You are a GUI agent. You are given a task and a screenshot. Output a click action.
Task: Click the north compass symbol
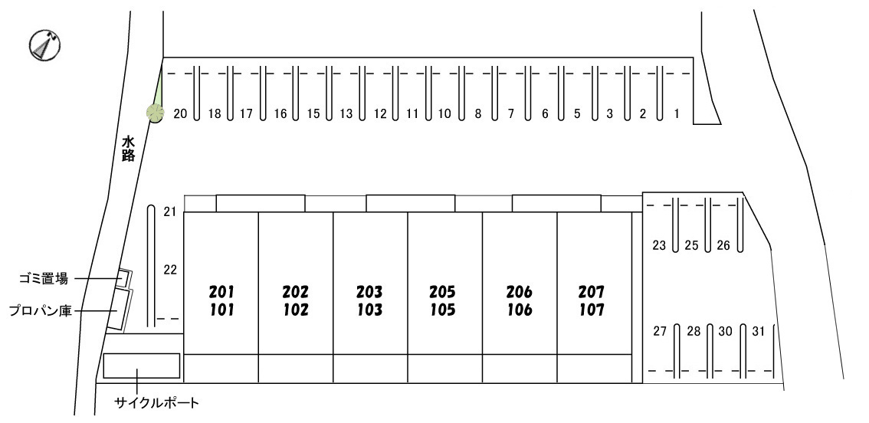[x=44, y=44]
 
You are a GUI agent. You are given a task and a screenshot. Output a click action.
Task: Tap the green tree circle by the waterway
[x=155, y=113]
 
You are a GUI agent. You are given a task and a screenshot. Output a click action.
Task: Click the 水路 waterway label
[x=129, y=149]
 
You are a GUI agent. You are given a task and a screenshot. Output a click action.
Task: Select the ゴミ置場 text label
[x=43, y=280]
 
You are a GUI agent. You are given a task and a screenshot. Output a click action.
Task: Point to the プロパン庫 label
[x=41, y=311]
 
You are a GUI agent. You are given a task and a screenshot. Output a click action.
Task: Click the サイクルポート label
[x=156, y=403]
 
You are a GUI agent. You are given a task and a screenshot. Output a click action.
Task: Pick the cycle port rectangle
[x=142, y=366]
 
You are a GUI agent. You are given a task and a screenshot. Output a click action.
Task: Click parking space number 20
[x=180, y=114]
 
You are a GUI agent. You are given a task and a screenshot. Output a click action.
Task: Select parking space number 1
[x=676, y=114]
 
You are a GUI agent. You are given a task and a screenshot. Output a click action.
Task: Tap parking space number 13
[x=346, y=114]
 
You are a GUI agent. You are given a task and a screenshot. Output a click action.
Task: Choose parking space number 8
[x=477, y=114]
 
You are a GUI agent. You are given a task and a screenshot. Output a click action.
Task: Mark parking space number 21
[x=170, y=211]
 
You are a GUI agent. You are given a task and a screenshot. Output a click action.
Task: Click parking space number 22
[x=170, y=270]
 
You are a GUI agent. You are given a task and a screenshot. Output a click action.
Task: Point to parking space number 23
[x=659, y=245]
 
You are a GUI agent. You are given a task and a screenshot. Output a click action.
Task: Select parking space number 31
[x=759, y=332]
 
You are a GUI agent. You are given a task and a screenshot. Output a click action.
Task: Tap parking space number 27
[x=660, y=332]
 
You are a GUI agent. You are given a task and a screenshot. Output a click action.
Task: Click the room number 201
[x=221, y=291]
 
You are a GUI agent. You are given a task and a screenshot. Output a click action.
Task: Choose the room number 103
[x=369, y=310]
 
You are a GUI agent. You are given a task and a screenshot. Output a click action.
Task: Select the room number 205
[x=443, y=291]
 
